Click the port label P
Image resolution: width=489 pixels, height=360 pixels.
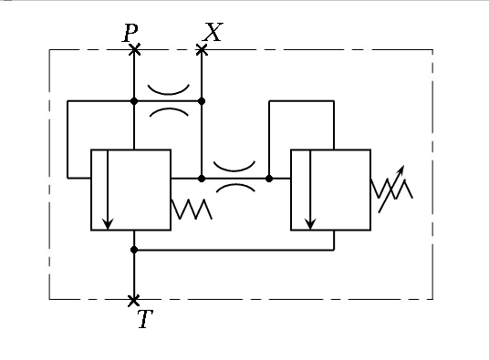click(130, 33)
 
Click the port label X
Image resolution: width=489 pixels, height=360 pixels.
click(213, 32)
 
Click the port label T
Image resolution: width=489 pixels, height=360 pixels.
click(146, 319)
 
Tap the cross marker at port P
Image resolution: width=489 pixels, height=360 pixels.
click(134, 50)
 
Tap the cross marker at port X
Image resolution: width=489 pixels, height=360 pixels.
click(202, 50)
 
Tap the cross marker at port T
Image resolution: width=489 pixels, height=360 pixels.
click(134, 301)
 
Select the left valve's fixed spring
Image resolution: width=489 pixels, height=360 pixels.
click(192, 210)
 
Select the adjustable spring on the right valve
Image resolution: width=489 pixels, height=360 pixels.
click(392, 189)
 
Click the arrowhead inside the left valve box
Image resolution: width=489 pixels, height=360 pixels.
click(108, 224)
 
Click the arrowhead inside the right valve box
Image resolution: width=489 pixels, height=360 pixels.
click(310, 224)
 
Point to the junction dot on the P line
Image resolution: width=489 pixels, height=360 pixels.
click(134, 101)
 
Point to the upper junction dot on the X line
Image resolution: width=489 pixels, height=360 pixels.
click(202, 101)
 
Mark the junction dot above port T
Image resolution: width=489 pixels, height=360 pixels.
click(134, 250)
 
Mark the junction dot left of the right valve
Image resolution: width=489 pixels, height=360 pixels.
click(269, 179)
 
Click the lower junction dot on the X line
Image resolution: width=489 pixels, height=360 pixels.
click(202, 179)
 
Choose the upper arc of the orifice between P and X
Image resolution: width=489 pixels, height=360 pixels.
click(169, 93)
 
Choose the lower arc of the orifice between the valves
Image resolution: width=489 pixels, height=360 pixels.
click(235, 185)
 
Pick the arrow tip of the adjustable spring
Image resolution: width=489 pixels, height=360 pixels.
click(403, 167)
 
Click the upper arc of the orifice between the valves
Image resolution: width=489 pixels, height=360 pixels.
click(234, 170)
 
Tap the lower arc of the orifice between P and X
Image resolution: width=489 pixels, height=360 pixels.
click(169, 109)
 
